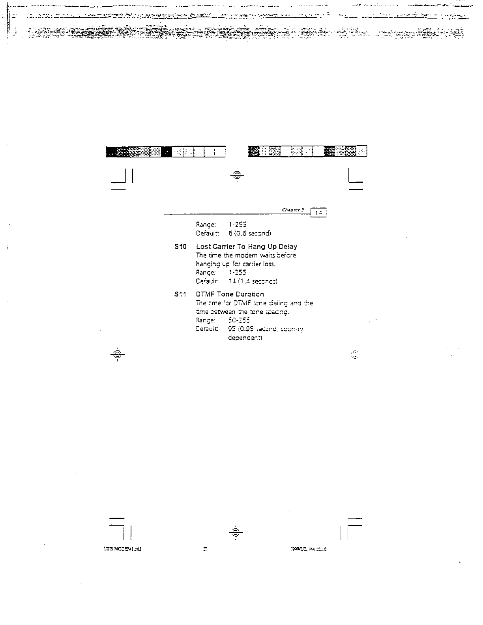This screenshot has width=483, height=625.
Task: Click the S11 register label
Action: point(180,294)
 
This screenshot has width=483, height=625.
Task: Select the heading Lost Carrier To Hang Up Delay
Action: point(246,247)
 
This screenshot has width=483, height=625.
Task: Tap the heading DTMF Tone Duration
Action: point(230,294)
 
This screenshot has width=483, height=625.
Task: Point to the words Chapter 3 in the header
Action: point(293,210)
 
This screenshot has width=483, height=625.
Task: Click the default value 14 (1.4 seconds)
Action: point(253,281)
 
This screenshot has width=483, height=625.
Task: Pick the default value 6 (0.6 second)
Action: point(250,233)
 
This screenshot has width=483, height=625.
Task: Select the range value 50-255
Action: point(239,320)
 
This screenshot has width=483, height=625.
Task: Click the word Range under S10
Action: point(206,273)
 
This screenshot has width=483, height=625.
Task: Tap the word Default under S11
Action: point(207,329)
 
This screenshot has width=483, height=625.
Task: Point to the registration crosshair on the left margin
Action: point(117,354)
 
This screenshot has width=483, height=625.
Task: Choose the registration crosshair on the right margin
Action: point(355,354)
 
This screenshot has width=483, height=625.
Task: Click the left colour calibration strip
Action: point(166,152)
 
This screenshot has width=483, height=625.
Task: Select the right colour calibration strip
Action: point(307,151)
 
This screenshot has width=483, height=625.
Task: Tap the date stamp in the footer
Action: point(308,549)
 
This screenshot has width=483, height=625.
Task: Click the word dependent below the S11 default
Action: point(245,338)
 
